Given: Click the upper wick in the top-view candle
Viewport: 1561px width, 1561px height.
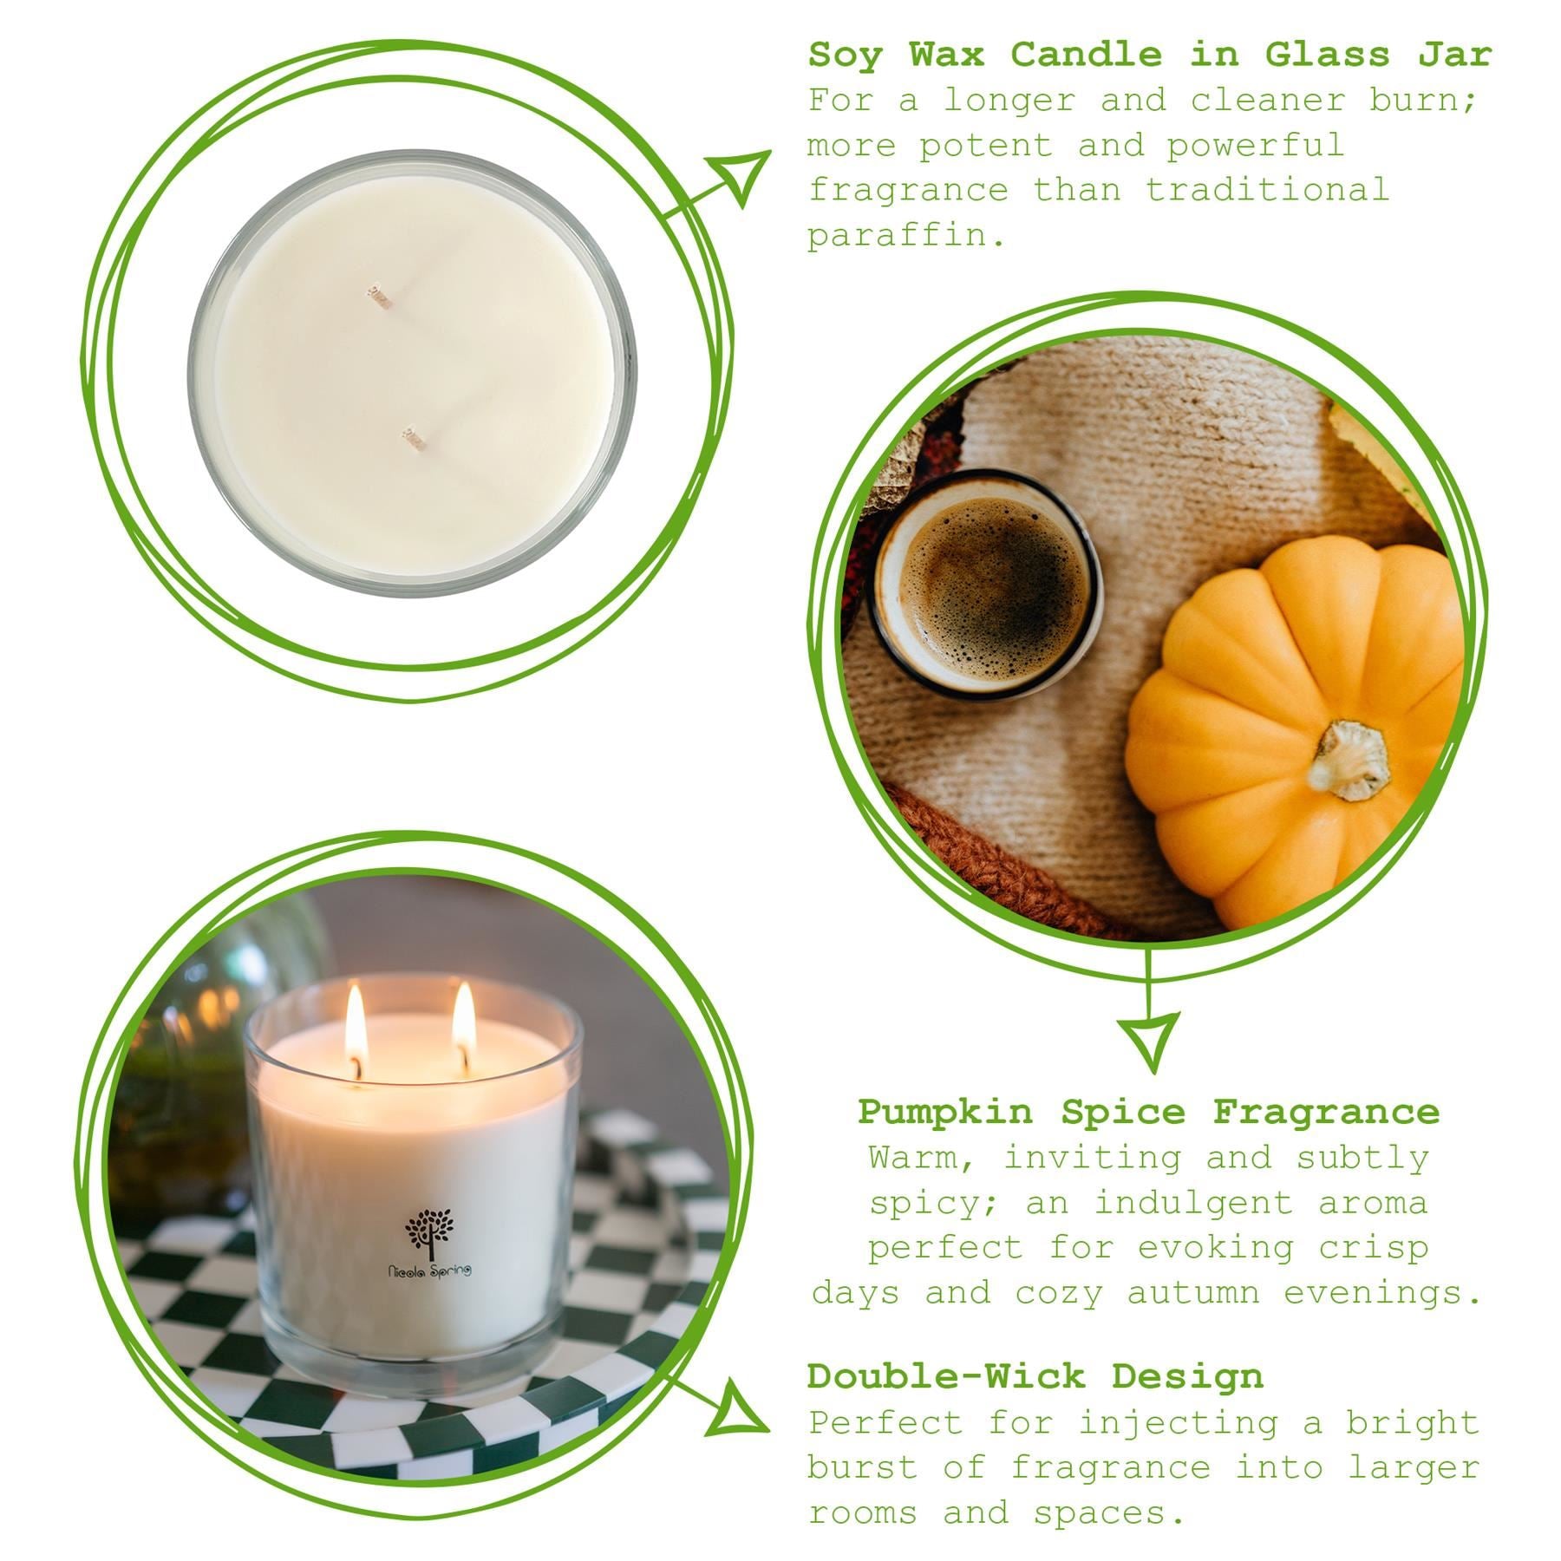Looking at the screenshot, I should pos(379,296).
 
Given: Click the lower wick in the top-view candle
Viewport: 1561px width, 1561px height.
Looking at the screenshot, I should pos(414,439).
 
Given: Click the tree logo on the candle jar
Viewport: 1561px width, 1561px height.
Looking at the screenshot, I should pos(430,1231).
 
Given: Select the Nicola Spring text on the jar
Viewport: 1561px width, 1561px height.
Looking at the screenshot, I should pos(430,1271).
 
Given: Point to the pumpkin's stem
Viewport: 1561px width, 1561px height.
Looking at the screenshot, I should pos(1349,759).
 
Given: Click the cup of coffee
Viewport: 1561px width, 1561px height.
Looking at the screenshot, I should pos(986,585).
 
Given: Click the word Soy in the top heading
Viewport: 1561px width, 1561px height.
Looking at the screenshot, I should pos(845,56).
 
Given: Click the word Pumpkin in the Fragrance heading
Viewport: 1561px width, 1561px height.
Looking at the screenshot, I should pos(945,1112).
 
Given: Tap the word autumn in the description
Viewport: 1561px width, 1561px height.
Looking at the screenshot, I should pos(1192,1294).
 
